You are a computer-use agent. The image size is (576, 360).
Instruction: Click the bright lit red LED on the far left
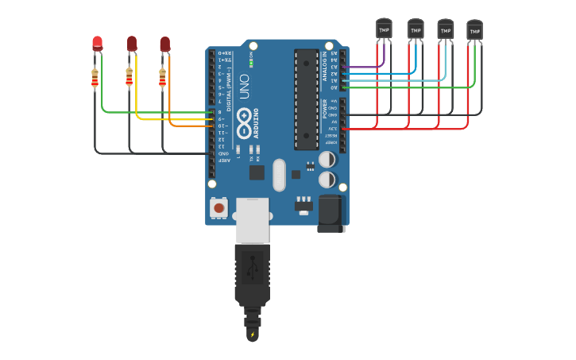[97, 43]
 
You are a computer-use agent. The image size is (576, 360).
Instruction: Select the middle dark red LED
[132, 44]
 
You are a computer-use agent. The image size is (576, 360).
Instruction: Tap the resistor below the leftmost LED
[95, 78]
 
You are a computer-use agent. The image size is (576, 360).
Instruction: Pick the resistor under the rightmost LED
[163, 78]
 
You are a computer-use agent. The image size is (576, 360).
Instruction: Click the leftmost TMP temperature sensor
[384, 29]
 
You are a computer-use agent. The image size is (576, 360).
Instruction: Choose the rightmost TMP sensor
[474, 30]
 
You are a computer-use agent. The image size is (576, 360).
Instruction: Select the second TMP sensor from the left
[416, 29]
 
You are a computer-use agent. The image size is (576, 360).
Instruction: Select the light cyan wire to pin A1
[397, 80]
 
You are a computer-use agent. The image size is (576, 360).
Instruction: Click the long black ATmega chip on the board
[306, 99]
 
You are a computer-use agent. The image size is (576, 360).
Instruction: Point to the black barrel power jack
[331, 214]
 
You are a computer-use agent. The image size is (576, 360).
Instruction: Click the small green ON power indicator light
[251, 62]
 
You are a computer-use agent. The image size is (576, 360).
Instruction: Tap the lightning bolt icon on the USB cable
[253, 335]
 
